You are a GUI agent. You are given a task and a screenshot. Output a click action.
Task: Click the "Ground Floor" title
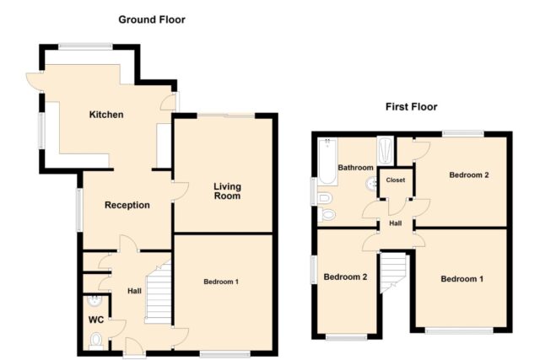pyautogui.click(x=152, y=19)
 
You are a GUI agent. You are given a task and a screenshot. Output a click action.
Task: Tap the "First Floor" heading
pyautogui.click(x=411, y=107)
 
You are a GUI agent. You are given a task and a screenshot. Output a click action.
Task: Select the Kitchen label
pyautogui.click(x=106, y=115)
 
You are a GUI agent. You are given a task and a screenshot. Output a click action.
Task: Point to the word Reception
pyautogui.click(x=127, y=205)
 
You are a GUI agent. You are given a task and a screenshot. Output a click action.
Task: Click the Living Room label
pyautogui.click(x=227, y=191)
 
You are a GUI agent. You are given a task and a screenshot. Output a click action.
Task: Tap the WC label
pyautogui.click(x=96, y=320)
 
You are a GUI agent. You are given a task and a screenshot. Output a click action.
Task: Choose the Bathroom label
pyautogui.click(x=355, y=168)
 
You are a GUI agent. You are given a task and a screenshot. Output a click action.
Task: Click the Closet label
pyautogui.click(x=396, y=180)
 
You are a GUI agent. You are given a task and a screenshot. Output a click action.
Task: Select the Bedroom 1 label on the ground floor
pyautogui.click(x=221, y=282)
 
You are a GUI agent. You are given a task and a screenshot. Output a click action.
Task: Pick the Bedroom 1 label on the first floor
pyautogui.click(x=462, y=279)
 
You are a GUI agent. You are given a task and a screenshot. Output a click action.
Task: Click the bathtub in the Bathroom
pyautogui.click(x=327, y=161)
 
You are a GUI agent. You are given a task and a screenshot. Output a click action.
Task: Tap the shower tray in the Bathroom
pyautogui.click(x=385, y=151)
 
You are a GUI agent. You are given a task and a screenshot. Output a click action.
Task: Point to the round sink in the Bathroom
pyautogui.click(x=371, y=184)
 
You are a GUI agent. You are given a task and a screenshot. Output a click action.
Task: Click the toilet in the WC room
pyautogui.click(x=96, y=341)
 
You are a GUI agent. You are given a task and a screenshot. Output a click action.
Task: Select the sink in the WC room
pyautogui.click(x=94, y=301)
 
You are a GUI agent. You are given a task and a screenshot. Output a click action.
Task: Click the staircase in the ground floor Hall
pyautogui.click(x=158, y=293)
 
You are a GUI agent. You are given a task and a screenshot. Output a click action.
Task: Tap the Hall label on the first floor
pyautogui.click(x=396, y=223)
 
